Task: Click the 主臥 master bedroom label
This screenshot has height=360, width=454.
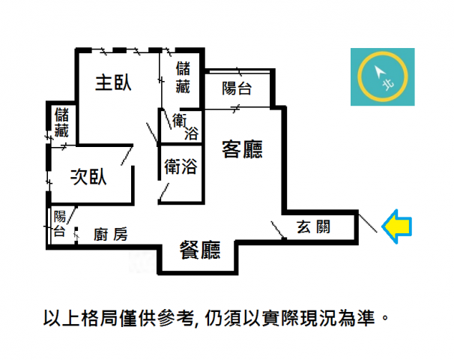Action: [x=113, y=83]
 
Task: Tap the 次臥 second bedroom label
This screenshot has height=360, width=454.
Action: [x=88, y=176]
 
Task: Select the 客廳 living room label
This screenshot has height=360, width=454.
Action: [x=242, y=149]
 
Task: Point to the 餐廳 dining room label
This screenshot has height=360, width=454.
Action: [x=200, y=250]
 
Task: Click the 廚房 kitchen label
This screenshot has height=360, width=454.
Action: [x=111, y=235]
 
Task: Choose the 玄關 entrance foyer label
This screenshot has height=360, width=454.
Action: [x=314, y=227]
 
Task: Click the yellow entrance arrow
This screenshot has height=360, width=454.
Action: [x=396, y=226]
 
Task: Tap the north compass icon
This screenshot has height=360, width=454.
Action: [x=383, y=76]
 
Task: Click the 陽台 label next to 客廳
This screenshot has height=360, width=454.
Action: [x=237, y=88]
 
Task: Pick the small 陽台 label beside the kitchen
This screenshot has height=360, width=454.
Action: [x=60, y=223]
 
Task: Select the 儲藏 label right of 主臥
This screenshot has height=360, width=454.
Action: [x=183, y=77]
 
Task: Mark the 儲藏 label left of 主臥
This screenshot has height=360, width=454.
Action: [x=61, y=122]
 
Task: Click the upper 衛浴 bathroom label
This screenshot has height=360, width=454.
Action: [x=185, y=127]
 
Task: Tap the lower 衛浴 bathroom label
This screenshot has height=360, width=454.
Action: [x=181, y=166]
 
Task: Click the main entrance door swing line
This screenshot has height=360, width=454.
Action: [x=368, y=223]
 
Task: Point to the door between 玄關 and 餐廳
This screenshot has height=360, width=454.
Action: [x=277, y=230]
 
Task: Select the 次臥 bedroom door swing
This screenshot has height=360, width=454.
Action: [x=127, y=156]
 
